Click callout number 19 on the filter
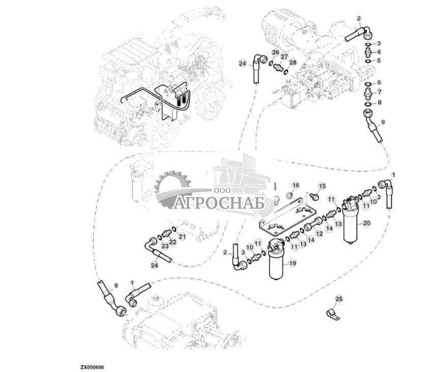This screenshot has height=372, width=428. pos(292,263)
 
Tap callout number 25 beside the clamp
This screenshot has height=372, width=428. pos(339,299)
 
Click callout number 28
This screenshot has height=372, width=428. pos(292,62)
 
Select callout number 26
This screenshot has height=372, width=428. pos(275,52)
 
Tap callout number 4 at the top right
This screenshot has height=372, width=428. pos(378,51)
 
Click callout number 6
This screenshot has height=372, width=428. pos(379,82)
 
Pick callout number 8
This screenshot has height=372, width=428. pos(378,102)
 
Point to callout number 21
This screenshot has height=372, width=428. pos(182,237)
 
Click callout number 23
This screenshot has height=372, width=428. pos(164,245)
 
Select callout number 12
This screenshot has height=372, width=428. pos(319,234)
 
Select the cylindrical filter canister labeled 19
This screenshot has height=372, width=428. pos(276,262)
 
